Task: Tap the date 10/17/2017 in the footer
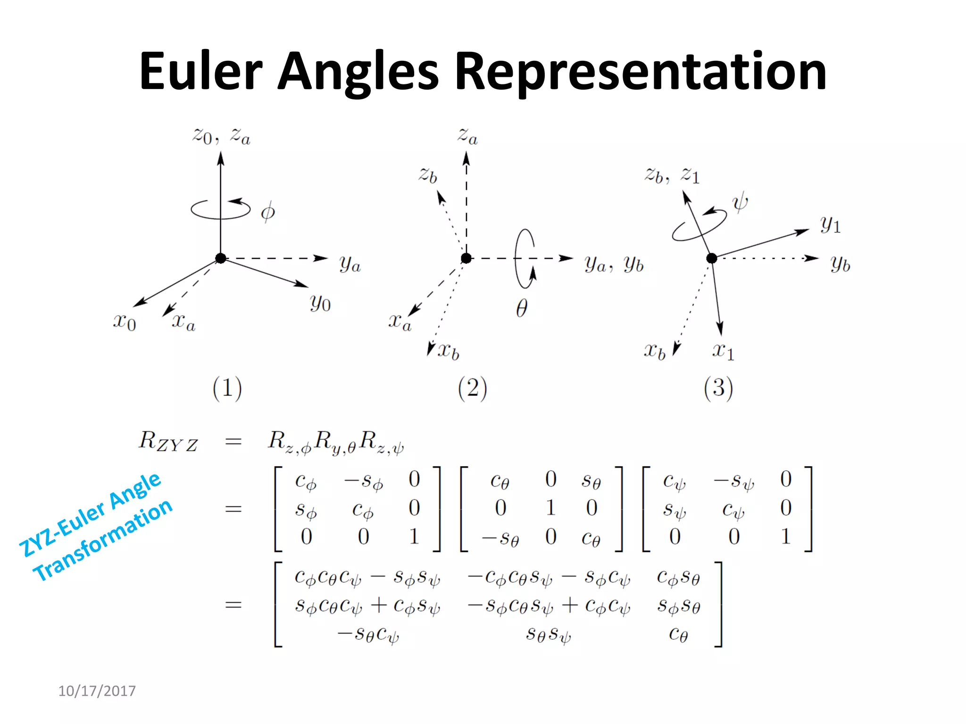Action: [x=97, y=691]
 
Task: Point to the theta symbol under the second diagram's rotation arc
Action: [x=521, y=309]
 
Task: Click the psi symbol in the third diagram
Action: [x=740, y=203]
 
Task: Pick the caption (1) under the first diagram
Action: [x=227, y=388]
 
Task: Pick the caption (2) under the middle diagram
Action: [x=472, y=388]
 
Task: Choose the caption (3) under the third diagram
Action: [x=718, y=388]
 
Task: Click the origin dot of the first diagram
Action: [x=220, y=258]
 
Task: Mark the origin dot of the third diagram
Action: [x=711, y=258]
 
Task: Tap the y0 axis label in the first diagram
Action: [x=320, y=303]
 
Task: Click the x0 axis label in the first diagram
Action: [x=125, y=321]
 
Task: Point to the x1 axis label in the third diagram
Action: [x=723, y=351]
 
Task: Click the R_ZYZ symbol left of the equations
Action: [x=168, y=442]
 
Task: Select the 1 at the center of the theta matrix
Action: [x=550, y=508]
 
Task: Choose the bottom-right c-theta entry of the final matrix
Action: [x=678, y=635]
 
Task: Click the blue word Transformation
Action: [x=103, y=540]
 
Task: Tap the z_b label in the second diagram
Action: [x=428, y=175]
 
